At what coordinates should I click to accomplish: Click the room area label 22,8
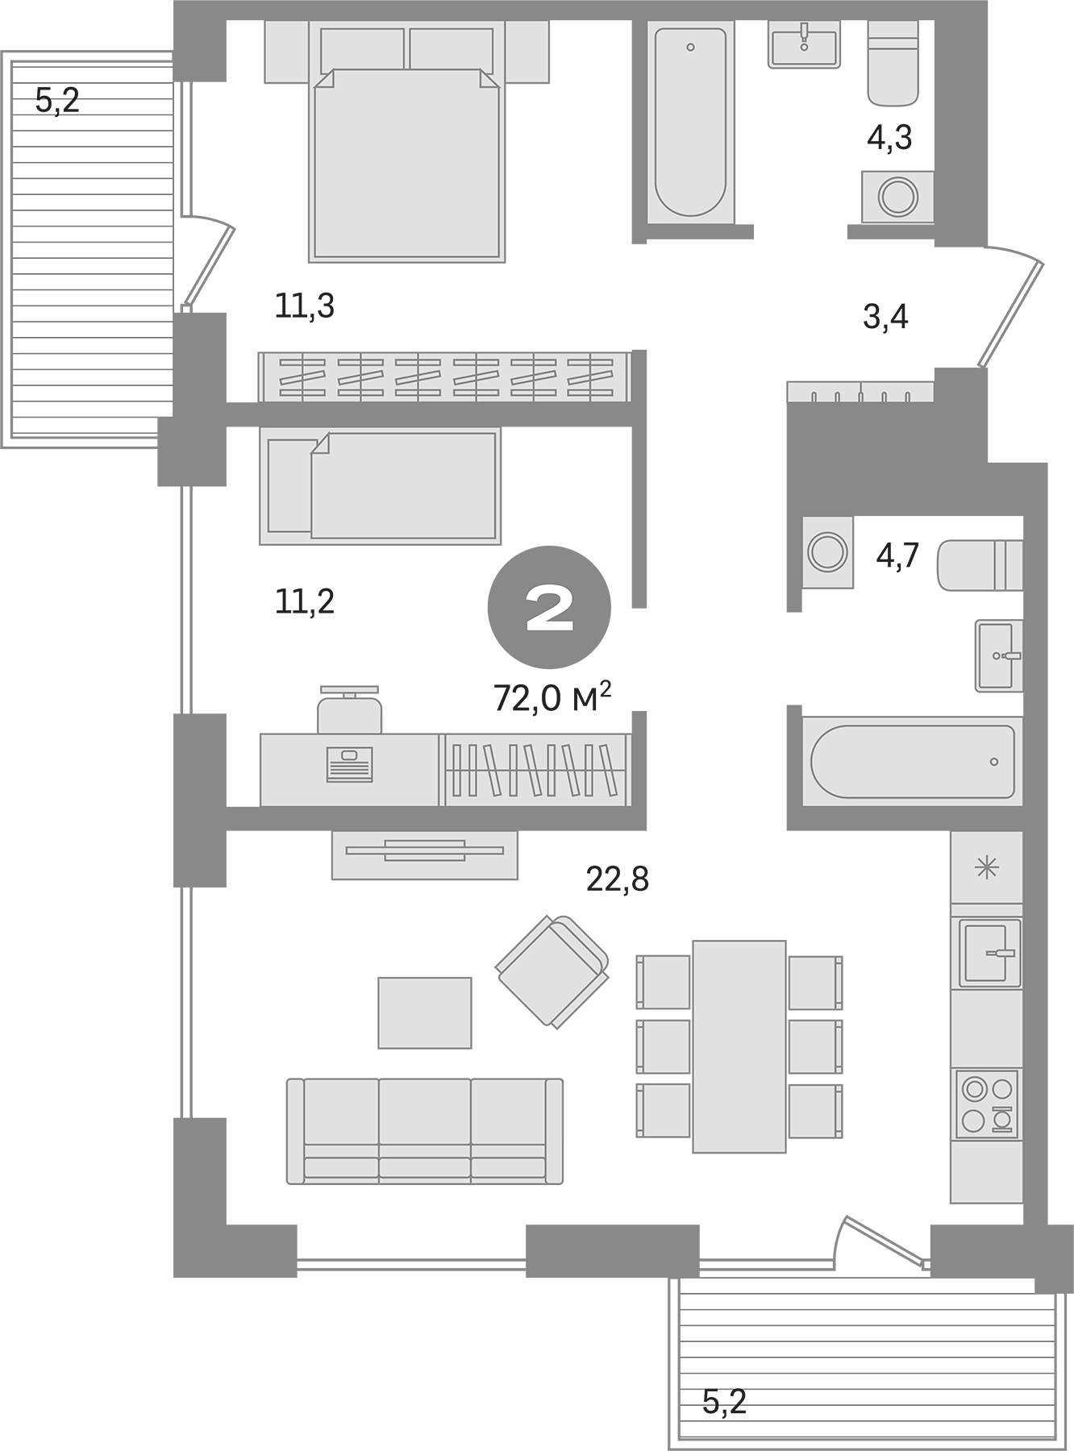pyautogui.click(x=617, y=879)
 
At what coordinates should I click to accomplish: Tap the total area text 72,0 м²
pyautogui.click(x=552, y=698)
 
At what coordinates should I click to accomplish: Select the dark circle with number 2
pyautogui.click(x=549, y=607)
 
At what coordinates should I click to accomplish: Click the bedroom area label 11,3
pyautogui.click(x=304, y=306)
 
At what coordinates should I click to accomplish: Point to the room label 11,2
pyautogui.click(x=304, y=601)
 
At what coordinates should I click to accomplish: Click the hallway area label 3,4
pyautogui.click(x=885, y=317)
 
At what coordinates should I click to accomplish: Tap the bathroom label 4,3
pyautogui.click(x=889, y=138)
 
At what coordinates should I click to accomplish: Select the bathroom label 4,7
pyautogui.click(x=897, y=556)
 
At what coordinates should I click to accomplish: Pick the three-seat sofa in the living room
pyautogui.click(x=425, y=1131)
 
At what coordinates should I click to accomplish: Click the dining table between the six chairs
pyautogui.click(x=739, y=1046)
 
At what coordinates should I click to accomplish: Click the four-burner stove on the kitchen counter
pyautogui.click(x=987, y=1104)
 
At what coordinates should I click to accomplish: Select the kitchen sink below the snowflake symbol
pyautogui.click(x=989, y=953)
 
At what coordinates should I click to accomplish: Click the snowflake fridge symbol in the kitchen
pyautogui.click(x=986, y=867)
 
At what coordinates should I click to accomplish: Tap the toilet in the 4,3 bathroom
pyautogui.click(x=893, y=64)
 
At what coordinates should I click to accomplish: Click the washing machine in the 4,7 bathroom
pyautogui.click(x=827, y=553)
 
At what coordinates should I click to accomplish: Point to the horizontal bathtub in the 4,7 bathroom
pyautogui.click(x=912, y=761)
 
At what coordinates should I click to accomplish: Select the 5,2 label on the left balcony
pyautogui.click(x=57, y=101)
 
